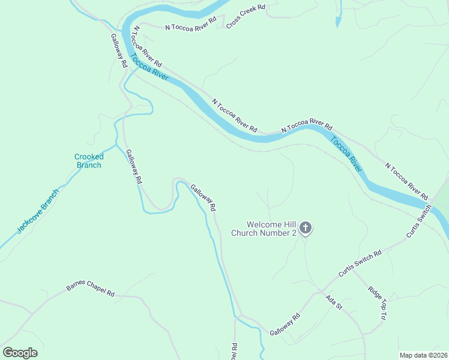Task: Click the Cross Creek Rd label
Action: click(244, 17)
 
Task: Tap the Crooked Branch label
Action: click(89, 161)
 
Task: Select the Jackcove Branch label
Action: click(38, 211)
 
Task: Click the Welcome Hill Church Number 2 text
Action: click(264, 229)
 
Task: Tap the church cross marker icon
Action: click(306, 227)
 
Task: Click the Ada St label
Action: click(333, 302)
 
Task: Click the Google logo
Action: click(20, 353)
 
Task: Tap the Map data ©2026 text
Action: click(423, 355)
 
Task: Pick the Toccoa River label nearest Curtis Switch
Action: click(347, 155)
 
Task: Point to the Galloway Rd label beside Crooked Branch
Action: click(134, 166)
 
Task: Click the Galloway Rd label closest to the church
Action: click(203, 197)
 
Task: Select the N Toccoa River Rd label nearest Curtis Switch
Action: click(406, 181)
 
